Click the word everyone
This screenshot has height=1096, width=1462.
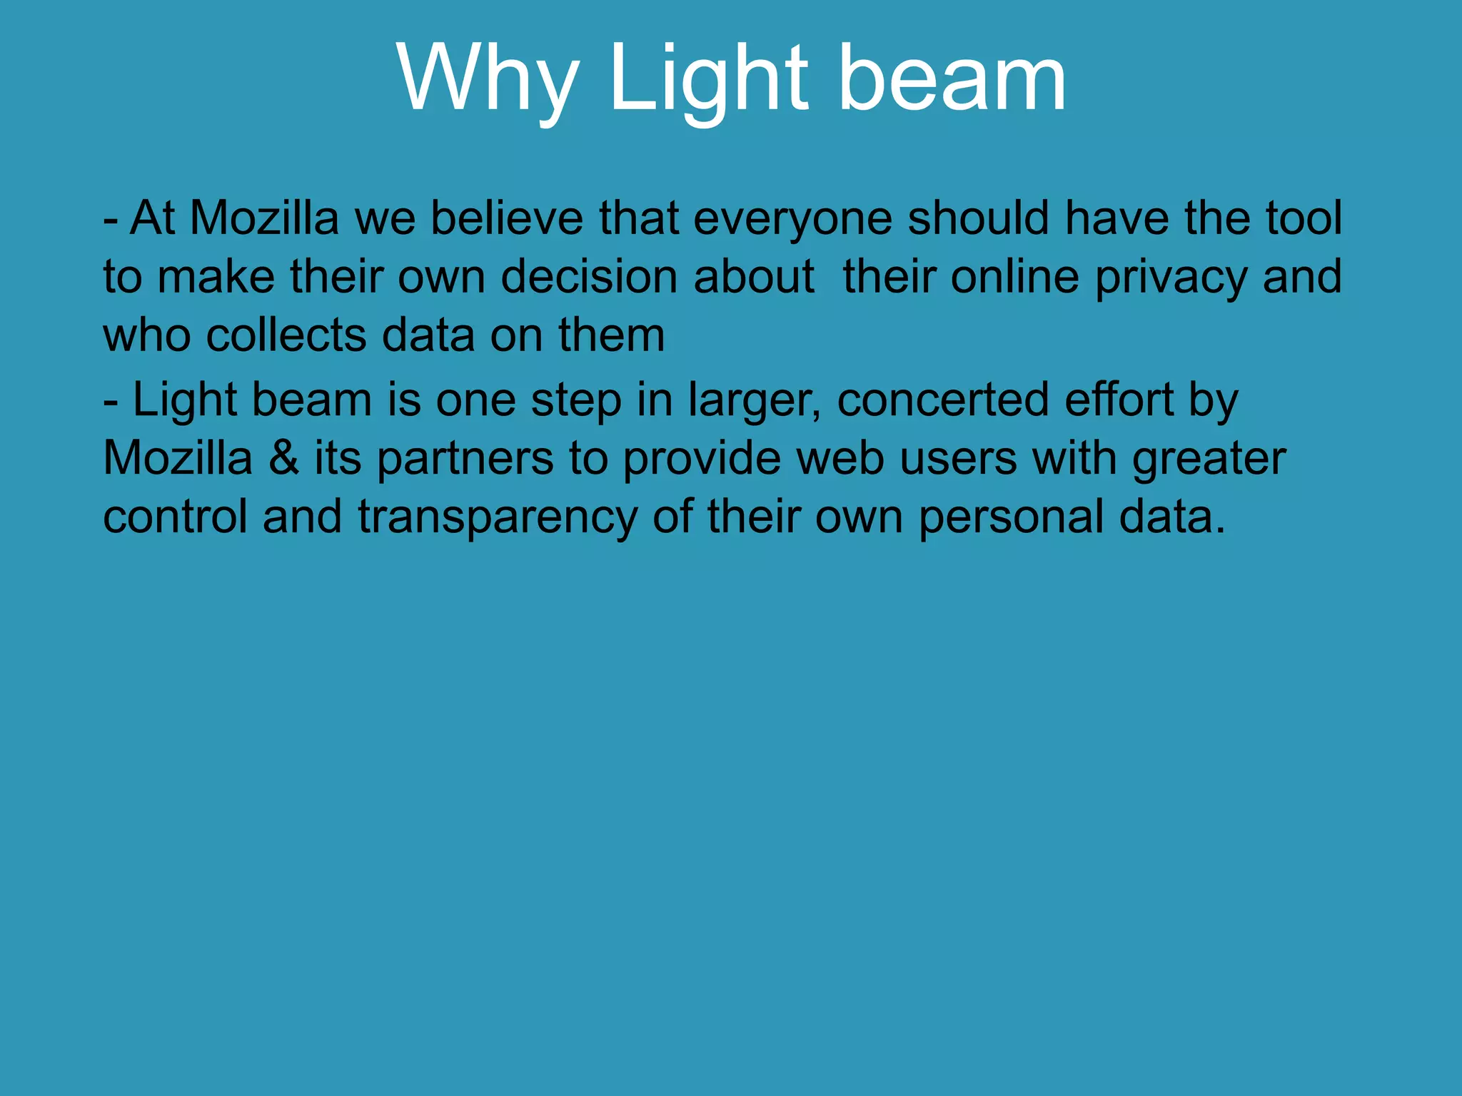coord(792,218)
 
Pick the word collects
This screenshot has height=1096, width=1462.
coord(286,335)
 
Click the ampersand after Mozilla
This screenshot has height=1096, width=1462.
coord(283,458)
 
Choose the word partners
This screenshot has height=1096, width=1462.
coord(465,460)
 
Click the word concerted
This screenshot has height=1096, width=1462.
coord(943,400)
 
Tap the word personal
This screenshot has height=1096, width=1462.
coord(1011,517)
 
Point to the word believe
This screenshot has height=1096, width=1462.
coord(507,218)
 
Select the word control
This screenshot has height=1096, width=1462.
coord(175,517)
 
